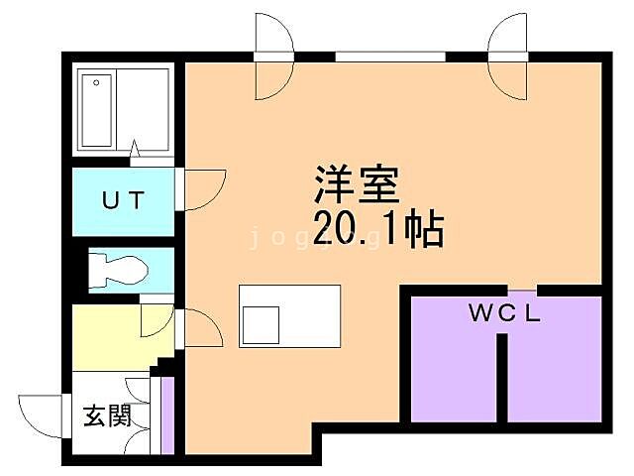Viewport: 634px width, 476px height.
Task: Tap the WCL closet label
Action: [504, 315]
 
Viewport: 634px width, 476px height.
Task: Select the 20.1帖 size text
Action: [377, 230]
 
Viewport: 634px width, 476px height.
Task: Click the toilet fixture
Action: [118, 269]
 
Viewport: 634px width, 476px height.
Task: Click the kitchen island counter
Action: [289, 314]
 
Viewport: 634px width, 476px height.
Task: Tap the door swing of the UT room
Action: [195, 189]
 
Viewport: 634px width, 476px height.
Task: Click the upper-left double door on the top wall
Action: [273, 58]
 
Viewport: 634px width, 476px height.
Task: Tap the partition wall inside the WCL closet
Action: [503, 377]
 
